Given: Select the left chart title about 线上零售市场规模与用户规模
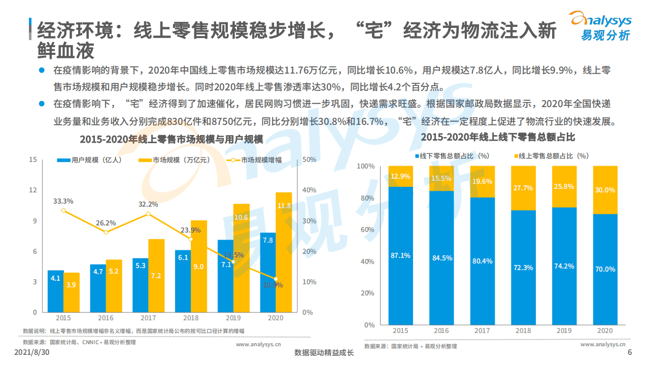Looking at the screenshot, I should click(x=172, y=139).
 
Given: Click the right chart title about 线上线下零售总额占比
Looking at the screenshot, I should click(x=497, y=138).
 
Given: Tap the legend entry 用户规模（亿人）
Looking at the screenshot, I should click(x=89, y=160).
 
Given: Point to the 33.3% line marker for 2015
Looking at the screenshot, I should click(x=63, y=210).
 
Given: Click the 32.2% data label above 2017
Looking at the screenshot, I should click(x=148, y=204).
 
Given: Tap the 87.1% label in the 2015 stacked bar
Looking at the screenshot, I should click(x=400, y=255).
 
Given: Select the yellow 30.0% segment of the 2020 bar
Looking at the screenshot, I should click(x=605, y=190).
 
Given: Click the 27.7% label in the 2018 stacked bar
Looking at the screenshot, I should click(x=523, y=188).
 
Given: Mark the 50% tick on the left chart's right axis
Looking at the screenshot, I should click(x=309, y=160).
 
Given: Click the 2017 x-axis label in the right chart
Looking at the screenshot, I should click(x=482, y=330).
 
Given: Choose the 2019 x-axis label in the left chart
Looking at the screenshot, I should click(x=233, y=318).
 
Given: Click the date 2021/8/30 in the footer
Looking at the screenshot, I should click(x=31, y=352).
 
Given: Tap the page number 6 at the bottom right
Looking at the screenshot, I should click(x=630, y=353).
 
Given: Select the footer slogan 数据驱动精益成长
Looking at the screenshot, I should click(x=324, y=353).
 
